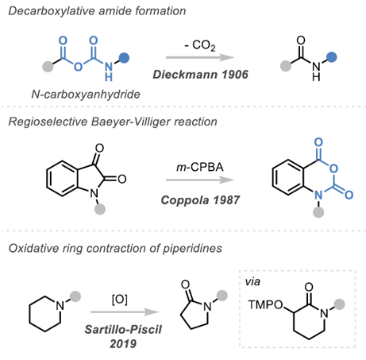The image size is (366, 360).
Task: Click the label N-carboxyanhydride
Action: click(86, 95)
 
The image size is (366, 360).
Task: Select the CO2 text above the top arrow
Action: click(204, 45)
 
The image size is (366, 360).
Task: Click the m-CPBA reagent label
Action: click(200, 167)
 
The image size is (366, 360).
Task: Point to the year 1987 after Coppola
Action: click(226, 200)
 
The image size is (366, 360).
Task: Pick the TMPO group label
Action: click(265, 305)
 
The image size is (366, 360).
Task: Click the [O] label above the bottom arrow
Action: click(120, 300)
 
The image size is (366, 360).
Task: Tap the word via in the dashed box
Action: click(252, 281)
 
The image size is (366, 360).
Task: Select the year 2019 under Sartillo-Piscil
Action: click(123, 344)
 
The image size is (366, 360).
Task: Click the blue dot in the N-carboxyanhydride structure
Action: click(124, 58)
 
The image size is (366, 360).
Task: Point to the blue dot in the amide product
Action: click(331, 57)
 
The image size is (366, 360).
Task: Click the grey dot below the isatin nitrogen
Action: click(100, 209)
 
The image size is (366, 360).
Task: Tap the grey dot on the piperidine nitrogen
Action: click(75, 296)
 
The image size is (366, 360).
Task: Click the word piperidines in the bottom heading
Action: click(192, 249)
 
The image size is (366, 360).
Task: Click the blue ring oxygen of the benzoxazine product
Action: click(333, 168)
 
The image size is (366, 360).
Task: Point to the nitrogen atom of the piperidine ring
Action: click(60, 306)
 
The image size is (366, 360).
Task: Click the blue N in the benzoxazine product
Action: click(318, 195)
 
